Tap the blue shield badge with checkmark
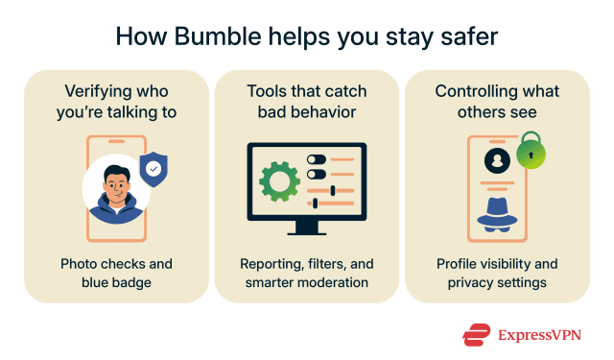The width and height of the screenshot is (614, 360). tap(153, 170)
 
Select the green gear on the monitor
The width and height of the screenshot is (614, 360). tap(280, 180)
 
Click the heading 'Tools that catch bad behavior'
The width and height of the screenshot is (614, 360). tap(306, 102)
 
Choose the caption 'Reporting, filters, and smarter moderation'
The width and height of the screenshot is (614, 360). tap(306, 273)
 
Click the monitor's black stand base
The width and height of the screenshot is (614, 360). tap(307, 230)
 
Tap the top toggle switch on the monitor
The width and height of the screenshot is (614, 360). tap(316, 159)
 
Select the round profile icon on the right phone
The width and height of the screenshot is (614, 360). tap(497, 160)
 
